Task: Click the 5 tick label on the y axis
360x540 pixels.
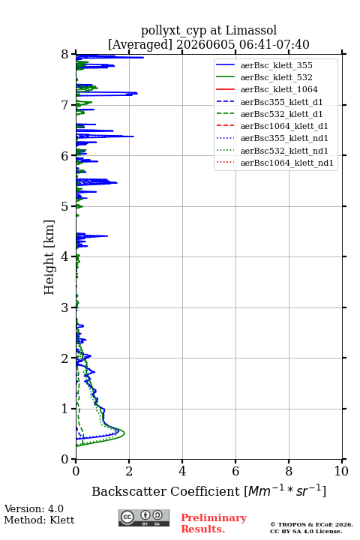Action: [x=65, y=207]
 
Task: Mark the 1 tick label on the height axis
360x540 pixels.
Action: [x=65, y=409]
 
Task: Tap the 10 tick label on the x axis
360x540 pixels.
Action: [x=341, y=471]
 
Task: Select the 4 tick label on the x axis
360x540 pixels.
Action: [x=182, y=471]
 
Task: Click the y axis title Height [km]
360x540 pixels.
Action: [x=49, y=257]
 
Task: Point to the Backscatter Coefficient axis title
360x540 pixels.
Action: [x=208, y=491]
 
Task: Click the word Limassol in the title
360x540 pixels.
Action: [x=251, y=30]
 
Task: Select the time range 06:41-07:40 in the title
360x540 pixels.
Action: [x=272, y=44]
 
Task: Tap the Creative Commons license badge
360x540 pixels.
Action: [x=144, y=517]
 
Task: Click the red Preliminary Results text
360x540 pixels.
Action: [x=214, y=523]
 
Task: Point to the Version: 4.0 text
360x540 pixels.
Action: [x=34, y=508]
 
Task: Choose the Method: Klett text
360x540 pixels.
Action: [x=39, y=520]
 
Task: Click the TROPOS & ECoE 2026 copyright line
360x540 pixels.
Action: [x=311, y=524]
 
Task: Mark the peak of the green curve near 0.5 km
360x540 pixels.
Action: [x=124, y=433]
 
